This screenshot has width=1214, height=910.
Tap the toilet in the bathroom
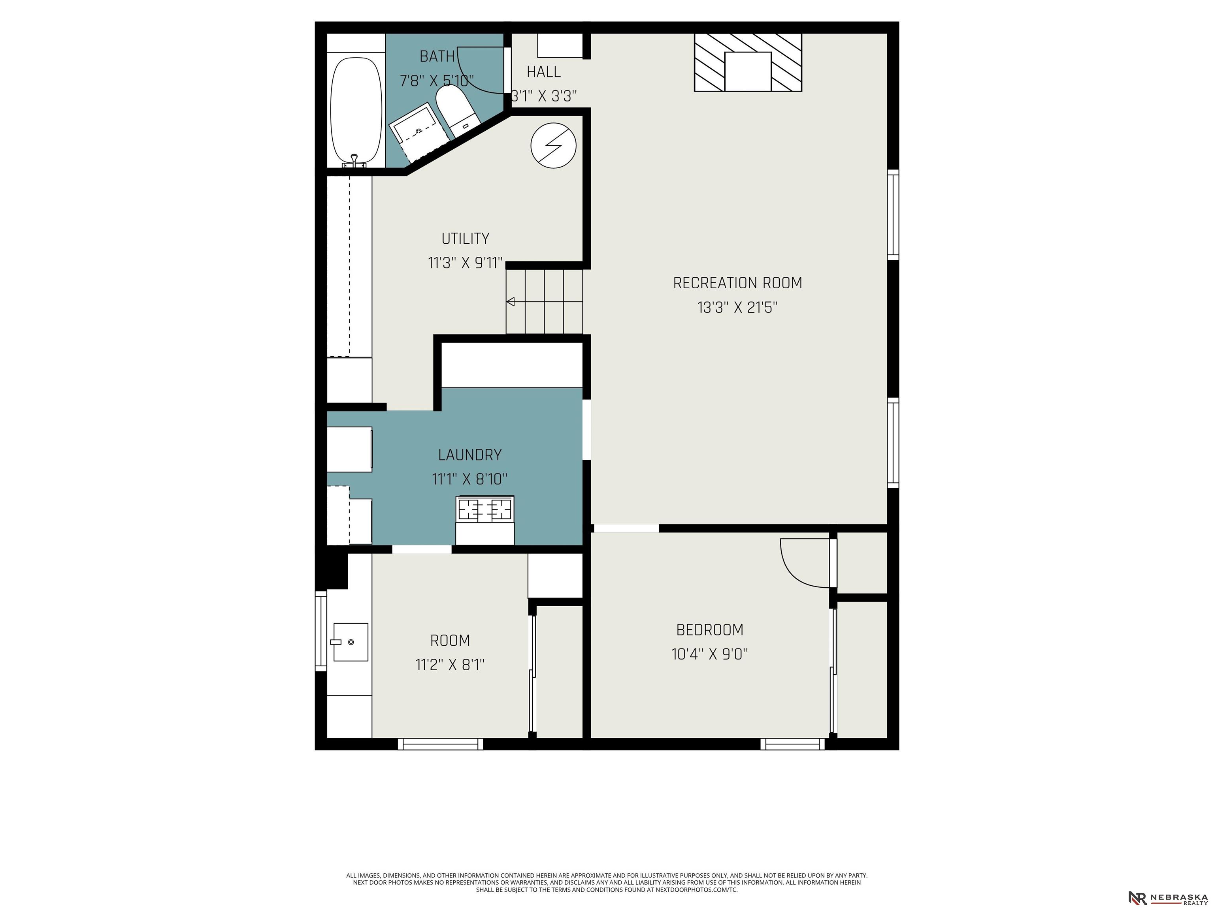click(x=458, y=112)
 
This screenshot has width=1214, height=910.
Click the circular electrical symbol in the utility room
click(x=553, y=145)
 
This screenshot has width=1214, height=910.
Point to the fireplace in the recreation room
click(x=748, y=62)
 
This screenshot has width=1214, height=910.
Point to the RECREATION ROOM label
click(x=738, y=283)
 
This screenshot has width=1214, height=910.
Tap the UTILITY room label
click(x=466, y=239)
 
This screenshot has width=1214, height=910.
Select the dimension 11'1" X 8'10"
click(x=469, y=479)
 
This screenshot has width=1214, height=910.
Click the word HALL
click(x=543, y=72)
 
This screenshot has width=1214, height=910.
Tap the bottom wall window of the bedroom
click(x=792, y=744)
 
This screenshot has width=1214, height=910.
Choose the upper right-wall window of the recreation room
click(x=893, y=214)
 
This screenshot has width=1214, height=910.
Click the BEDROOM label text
click(x=710, y=630)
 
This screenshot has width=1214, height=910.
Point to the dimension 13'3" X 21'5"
click(x=738, y=307)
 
